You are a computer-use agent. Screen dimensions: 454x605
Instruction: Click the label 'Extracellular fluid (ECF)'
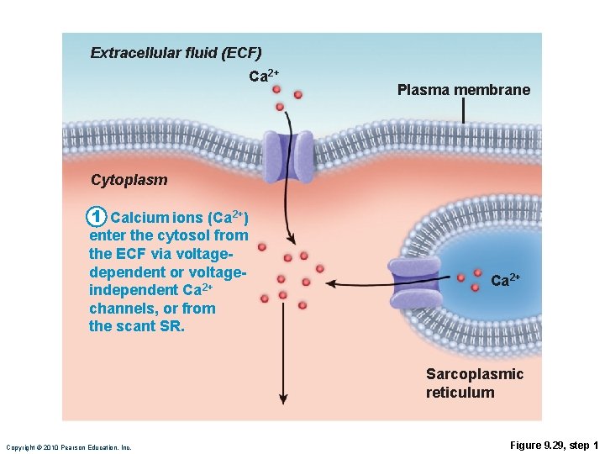[176, 53]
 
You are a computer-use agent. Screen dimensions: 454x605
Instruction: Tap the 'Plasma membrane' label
[463, 90]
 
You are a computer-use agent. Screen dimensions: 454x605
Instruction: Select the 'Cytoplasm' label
[129, 179]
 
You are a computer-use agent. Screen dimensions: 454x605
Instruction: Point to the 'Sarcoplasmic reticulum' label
[474, 383]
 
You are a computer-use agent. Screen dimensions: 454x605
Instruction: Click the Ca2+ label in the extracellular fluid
[263, 77]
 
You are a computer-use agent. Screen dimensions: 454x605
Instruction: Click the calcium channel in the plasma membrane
[288, 156]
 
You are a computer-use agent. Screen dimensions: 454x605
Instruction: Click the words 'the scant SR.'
[136, 326]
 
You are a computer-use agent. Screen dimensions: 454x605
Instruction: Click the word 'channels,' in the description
[124, 309]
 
